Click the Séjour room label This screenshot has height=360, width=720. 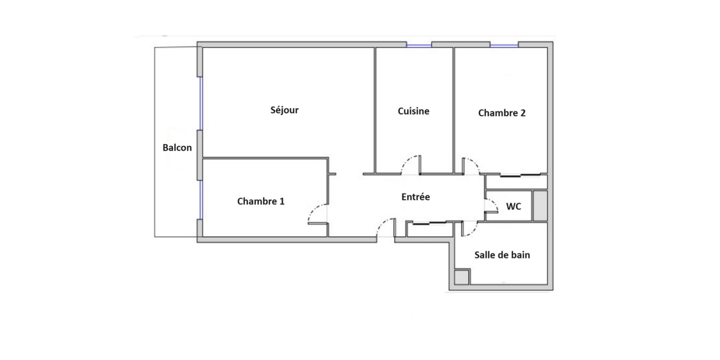pos(284,110)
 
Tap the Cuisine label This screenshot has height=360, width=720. pos(414,111)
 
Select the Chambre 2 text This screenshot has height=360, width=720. pos(502,113)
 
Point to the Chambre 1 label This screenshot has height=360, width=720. pos(261,201)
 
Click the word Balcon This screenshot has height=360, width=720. pos(177,148)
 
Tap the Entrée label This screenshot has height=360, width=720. pos(416,197)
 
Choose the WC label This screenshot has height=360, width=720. pos(513,207)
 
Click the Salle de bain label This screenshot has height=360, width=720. pos(502,255)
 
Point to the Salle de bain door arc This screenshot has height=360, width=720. pos(473,231)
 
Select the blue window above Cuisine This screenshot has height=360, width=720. pos(419,45)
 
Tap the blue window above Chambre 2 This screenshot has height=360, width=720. pos(504,45)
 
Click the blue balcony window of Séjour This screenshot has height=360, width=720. pos(201,103)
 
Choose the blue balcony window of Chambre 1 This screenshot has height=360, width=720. pos(201,200)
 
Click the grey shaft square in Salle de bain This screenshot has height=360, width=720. pos(462,277)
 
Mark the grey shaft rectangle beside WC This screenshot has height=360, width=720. pos(540,206)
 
